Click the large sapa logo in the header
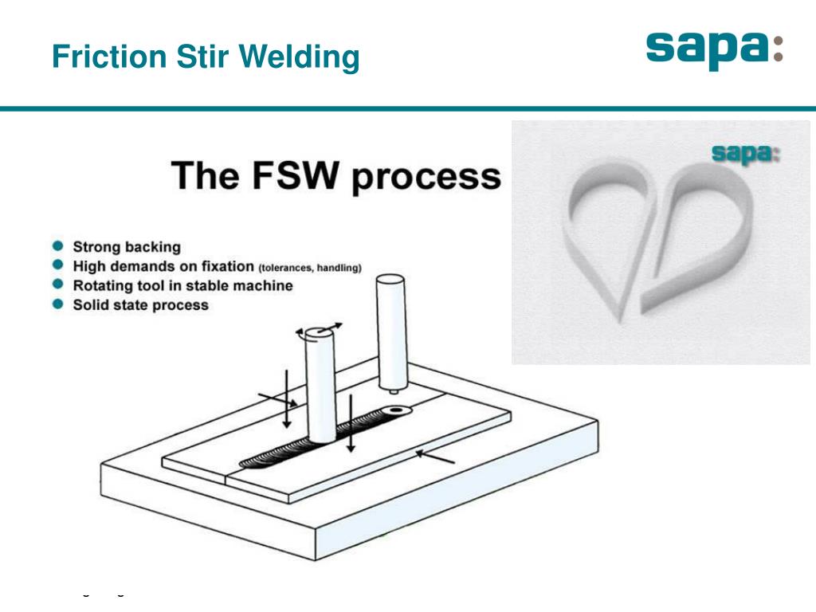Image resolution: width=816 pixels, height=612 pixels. (714, 49)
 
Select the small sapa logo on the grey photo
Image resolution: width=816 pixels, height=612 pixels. (744, 153)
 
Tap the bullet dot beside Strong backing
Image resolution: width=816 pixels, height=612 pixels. (58, 247)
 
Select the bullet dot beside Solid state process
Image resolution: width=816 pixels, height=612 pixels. (58, 304)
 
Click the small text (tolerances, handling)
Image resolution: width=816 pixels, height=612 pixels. (310, 268)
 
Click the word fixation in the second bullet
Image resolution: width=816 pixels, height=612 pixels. (226, 266)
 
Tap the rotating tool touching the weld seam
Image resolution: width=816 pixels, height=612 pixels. (320, 390)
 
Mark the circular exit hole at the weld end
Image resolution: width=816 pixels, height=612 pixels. (396, 411)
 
